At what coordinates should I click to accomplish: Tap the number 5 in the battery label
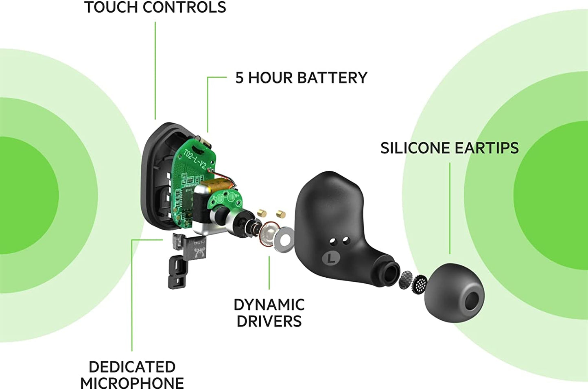[x=239, y=78]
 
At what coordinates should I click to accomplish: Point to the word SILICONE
[x=415, y=148]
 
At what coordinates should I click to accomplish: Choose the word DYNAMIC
[x=269, y=305]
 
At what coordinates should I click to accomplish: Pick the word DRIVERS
[x=269, y=321]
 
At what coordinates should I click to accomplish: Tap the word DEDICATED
[x=132, y=367]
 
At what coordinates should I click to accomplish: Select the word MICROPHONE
[x=132, y=383]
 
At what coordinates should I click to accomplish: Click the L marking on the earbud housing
[x=332, y=257]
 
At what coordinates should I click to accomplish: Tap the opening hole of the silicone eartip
[x=472, y=300]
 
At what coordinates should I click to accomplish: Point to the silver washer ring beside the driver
[x=284, y=240]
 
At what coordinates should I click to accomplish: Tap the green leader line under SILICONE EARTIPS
[x=450, y=208]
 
